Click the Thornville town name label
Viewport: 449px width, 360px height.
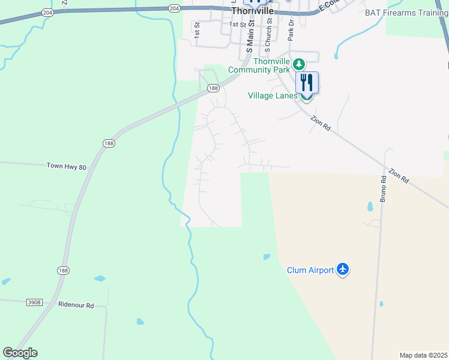click(x=253, y=11)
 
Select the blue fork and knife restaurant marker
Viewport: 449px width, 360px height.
click(x=307, y=82)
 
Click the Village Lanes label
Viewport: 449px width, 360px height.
click(x=273, y=95)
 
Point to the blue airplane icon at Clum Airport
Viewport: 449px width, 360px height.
click(x=343, y=269)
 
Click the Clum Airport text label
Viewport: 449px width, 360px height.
click(x=310, y=270)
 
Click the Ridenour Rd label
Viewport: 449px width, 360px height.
click(x=76, y=305)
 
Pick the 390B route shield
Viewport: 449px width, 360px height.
click(x=35, y=302)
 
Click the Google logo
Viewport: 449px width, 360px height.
click(x=20, y=353)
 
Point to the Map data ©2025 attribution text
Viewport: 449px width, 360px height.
click(x=423, y=355)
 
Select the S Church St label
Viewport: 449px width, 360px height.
click(x=268, y=33)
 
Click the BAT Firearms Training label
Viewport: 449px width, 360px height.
click(x=406, y=12)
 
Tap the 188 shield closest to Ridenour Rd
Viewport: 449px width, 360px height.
click(x=63, y=271)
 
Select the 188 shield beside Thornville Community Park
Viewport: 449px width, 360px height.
click(x=213, y=88)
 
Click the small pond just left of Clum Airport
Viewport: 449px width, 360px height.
click(x=266, y=257)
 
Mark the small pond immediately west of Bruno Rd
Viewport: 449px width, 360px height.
click(x=370, y=208)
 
